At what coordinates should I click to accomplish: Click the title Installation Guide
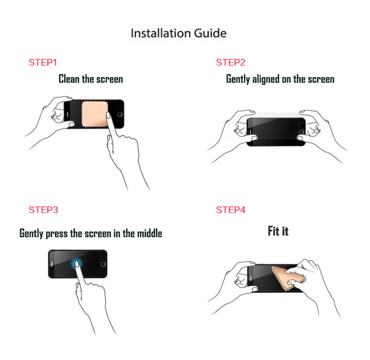(178, 33)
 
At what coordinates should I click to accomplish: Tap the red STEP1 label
(43, 63)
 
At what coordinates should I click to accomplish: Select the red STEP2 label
(230, 63)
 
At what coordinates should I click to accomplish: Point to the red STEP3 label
(43, 210)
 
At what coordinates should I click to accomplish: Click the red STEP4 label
(230, 210)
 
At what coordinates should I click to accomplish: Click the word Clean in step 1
(69, 79)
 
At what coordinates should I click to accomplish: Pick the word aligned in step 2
(266, 79)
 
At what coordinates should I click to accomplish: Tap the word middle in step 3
(149, 233)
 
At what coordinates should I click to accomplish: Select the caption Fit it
(278, 231)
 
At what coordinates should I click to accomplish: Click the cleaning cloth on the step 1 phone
(95, 114)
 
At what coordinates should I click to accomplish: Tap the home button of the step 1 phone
(120, 114)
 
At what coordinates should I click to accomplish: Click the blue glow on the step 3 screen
(76, 263)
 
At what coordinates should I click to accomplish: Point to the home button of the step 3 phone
(104, 264)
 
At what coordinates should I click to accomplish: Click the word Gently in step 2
(238, 79)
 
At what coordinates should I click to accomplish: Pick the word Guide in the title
(210, 33)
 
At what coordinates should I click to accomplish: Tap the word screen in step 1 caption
(110, 80)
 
